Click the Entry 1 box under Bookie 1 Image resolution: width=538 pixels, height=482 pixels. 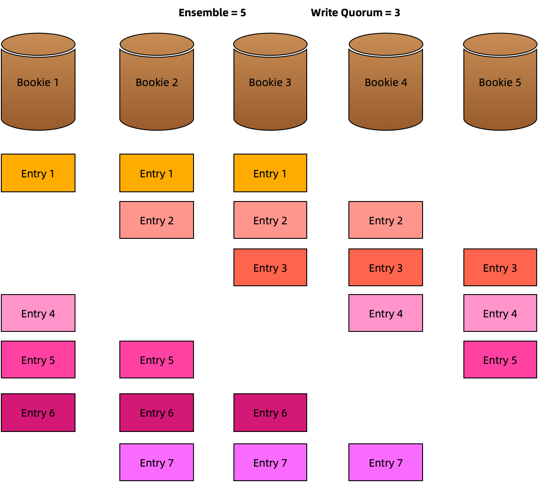pos(38,173)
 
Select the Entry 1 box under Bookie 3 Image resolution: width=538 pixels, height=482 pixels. pos(270,173)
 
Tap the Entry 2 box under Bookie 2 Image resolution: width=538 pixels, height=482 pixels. pos(157,220)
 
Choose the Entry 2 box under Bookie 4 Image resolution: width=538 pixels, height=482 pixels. pos(386,220)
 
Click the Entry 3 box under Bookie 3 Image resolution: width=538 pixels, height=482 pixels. pos(270,267)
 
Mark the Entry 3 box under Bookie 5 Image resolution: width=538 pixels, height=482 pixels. pos(500,267)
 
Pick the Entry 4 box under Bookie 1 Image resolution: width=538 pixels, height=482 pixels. pos(38,313)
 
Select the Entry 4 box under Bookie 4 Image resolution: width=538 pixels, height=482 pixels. pos(386,313)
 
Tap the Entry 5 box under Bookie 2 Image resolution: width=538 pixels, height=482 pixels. pos(157,360)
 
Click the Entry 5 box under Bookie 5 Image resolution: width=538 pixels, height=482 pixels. pos(500,360)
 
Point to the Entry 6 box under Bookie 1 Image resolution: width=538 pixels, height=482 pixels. pos(38,413)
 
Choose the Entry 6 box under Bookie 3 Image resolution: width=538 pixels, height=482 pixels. pos(270,413)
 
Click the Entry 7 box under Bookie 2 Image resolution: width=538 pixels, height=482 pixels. pos(157,462)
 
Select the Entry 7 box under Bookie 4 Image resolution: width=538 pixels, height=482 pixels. pos(386,462)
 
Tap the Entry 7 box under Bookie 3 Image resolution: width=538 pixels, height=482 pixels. pos(270,462)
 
